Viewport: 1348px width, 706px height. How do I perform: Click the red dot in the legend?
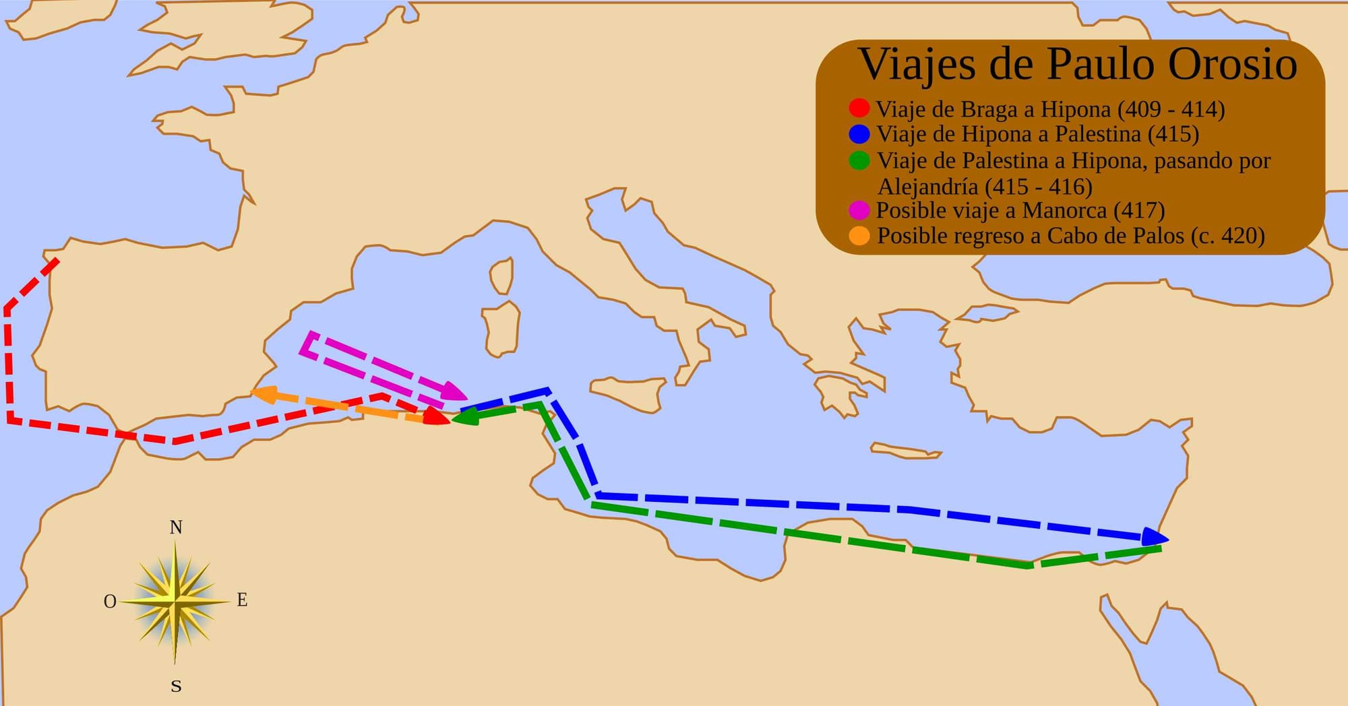859,108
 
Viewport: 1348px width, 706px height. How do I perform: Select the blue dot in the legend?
859,134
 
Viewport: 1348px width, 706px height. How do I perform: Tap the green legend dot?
859,160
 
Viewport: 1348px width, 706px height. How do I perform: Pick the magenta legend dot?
859,210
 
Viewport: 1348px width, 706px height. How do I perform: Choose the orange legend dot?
859,236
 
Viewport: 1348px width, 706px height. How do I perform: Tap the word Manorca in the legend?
1064,211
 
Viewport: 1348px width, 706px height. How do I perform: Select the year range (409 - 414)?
1171,109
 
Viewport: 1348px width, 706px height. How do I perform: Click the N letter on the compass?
176,527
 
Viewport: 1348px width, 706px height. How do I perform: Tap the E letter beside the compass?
242,600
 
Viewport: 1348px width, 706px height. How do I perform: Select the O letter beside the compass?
110,602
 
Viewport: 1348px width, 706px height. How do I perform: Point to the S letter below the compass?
176,686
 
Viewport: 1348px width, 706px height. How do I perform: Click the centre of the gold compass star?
175,600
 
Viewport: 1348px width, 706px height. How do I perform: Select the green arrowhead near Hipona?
464,417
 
